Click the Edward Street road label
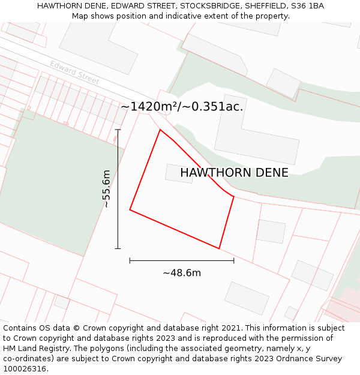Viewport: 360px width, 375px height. click(74, 72)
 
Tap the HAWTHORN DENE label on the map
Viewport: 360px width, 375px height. click(234, 173)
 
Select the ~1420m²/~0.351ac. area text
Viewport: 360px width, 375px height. click(182, 107)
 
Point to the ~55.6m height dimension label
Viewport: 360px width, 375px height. click(106, 188)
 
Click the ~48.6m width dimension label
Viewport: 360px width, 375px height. click(182, 273)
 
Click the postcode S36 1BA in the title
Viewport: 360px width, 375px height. click(308, 6)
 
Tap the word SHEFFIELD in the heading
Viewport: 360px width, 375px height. click(262, 6)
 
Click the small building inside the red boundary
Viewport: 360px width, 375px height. click(179, 173)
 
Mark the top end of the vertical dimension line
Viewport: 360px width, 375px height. click(118, 130)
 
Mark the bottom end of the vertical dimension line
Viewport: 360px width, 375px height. click(118, 248)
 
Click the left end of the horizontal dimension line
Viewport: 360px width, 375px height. click(130, 260)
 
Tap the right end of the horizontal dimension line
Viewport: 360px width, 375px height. click(234, 260)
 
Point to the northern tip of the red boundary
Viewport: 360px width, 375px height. click(160, 130)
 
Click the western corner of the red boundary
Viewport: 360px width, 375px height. click(130, 209)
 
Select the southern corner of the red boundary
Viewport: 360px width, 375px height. click(219, 248)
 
